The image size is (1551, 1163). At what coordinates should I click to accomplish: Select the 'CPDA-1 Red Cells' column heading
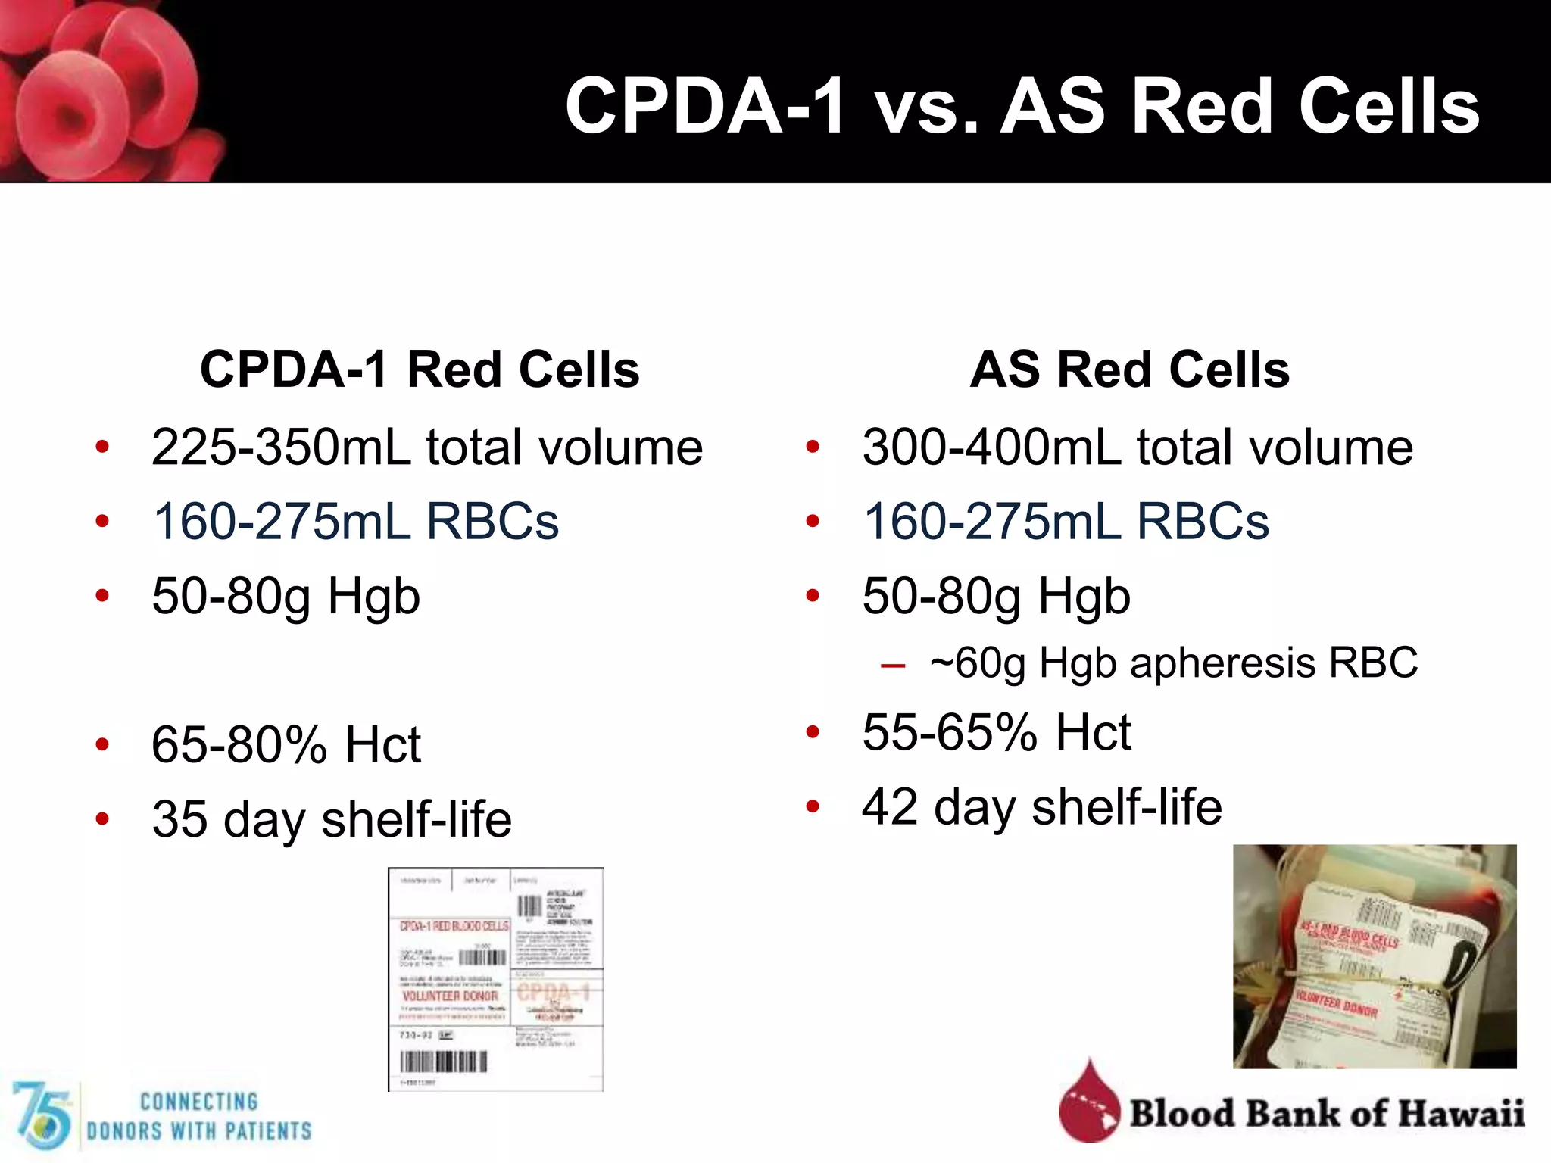[x=420, y=369]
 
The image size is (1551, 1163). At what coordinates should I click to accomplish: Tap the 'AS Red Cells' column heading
[x=1130, y=369]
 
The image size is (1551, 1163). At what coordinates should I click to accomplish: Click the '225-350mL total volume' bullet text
[x=427, y=447]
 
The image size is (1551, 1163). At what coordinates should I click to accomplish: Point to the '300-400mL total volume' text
[x=1138, y=447]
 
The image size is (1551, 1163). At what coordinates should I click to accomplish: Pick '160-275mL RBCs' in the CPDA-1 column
[x=355, y=522]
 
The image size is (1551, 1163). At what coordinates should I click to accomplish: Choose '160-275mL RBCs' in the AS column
[x=1066, y=522]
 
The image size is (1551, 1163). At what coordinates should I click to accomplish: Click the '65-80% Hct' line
[x=286, y=744]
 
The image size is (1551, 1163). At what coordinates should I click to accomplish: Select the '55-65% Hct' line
[x=997, y=732]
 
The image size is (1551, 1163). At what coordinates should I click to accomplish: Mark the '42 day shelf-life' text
[x=1042, y=806]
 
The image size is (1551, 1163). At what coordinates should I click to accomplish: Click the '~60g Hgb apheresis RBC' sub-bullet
[x=1173, y=663]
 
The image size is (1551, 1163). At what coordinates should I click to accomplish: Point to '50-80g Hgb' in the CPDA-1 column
[x=286, y=596]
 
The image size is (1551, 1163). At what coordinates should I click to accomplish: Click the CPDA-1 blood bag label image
[x=495, y=979]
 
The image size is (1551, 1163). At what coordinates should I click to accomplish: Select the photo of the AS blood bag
[x=1375, y=956]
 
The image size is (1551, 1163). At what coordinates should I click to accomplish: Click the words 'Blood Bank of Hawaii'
[x=1327, y=1113]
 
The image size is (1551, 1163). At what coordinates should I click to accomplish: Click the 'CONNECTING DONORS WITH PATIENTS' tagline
[x=198, y=1116]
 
